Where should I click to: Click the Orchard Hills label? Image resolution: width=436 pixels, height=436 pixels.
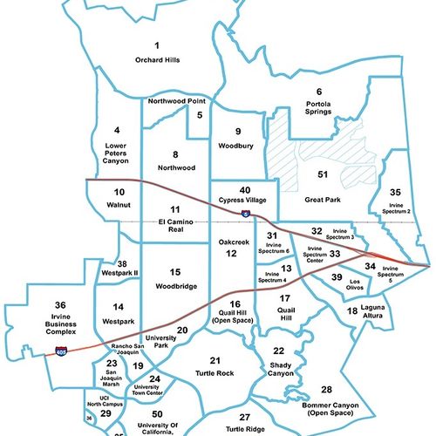pyautogui.click(x=157, y=60)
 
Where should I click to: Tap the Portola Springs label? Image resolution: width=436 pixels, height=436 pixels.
pyautogui.click(x=318, y=108)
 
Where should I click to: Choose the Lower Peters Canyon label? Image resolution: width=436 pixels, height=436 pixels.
pyautogui.click(x=103, y=155)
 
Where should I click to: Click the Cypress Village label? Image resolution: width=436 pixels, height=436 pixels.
pyautogui.click(x=246, y=200)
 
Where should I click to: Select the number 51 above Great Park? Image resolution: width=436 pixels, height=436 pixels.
pyautogui.click(x=322, y=174)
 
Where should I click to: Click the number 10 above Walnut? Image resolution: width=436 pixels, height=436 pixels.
pyautogui.click(x=119, y=191)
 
